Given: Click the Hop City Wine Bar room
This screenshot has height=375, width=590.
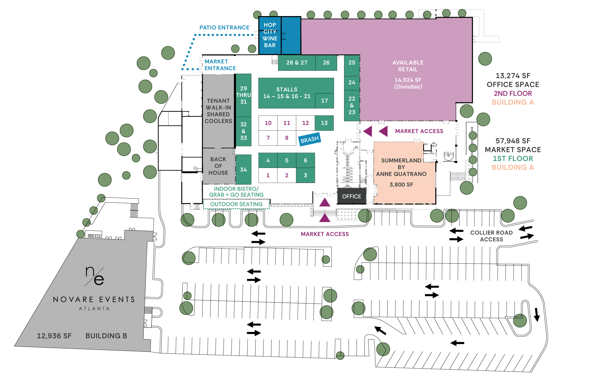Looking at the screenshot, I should pos(270,35).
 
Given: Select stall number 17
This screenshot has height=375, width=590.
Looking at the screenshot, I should pos(324,101).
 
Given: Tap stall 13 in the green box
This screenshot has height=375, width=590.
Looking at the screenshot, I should pos(324,123).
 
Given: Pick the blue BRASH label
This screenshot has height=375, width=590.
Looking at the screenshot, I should pos(309,140).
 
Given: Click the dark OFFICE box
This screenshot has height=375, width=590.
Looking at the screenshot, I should pos(352,196).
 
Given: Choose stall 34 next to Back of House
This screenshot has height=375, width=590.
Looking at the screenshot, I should pos(244,170).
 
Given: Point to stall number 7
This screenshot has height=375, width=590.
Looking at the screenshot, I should pos(268,138).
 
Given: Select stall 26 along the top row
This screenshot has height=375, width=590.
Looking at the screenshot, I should pos(326,63).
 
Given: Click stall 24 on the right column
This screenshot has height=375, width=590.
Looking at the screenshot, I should pos(352,82).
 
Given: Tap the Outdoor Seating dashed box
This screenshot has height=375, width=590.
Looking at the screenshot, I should pos(236,204).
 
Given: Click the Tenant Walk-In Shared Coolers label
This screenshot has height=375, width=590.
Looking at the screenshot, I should pos(218,111).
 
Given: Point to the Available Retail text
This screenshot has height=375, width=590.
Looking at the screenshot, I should pos(408,66).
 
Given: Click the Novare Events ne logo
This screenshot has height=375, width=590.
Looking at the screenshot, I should pos(95,276).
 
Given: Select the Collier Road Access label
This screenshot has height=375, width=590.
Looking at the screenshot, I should pos(491,236).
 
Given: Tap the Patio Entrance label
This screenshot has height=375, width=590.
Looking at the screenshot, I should pos(224,28).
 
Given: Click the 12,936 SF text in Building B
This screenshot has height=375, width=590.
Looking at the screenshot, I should pos(54,336).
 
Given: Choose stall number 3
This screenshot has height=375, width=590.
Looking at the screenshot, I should pos(305,175).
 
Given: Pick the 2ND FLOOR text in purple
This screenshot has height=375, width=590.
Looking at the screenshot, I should pos(513,93).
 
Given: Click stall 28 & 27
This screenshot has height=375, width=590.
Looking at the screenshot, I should pos(297,63).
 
